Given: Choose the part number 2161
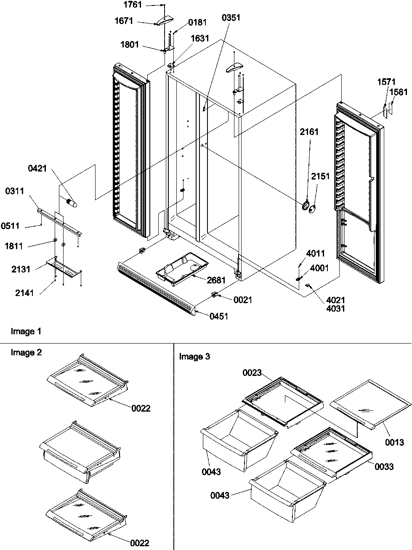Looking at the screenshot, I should [309, 132].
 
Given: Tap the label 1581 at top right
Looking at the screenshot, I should [398, 92].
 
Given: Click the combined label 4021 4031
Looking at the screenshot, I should [335, 304].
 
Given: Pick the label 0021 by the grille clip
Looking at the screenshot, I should [243, 299].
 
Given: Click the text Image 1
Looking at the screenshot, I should [26, 331].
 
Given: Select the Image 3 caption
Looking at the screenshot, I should [194, 357].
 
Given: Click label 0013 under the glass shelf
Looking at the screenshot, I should [394, 442].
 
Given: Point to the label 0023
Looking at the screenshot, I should [252, 373].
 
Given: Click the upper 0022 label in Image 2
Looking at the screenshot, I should [141, 408].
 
